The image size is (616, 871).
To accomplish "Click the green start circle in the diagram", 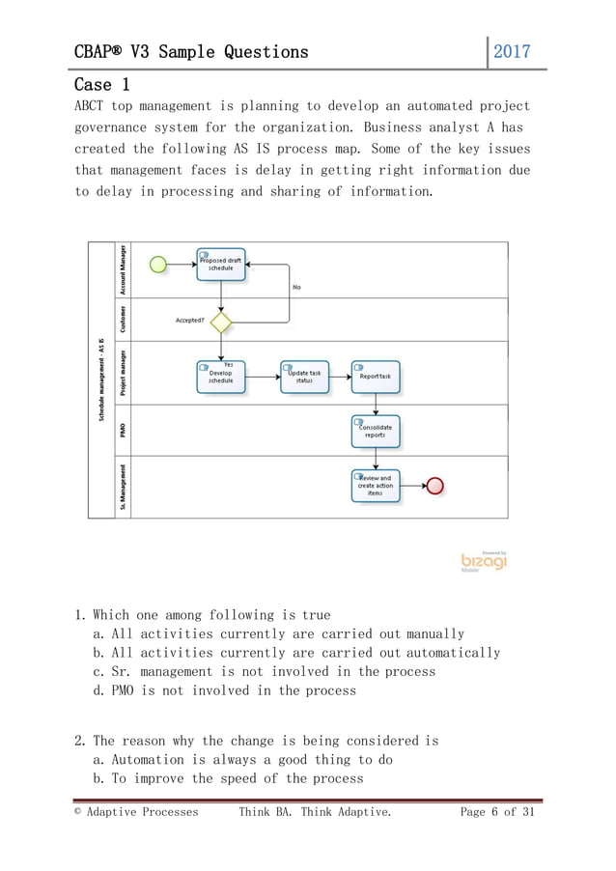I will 158,264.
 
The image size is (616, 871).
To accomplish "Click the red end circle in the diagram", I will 434,485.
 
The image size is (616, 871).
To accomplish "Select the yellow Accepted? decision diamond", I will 221,321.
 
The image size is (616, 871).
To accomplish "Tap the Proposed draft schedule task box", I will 221,264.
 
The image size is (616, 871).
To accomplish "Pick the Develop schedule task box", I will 221,377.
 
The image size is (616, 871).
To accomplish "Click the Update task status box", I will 304,377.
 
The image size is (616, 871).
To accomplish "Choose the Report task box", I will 376,377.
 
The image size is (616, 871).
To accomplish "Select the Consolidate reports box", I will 376,431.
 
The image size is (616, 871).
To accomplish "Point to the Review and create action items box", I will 376,485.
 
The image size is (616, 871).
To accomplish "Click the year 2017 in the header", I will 512,51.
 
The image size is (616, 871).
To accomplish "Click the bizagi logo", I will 483,561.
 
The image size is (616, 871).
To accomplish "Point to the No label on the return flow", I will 296,287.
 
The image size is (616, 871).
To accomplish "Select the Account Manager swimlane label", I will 122,267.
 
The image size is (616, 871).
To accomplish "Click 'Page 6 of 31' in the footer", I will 496,812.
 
